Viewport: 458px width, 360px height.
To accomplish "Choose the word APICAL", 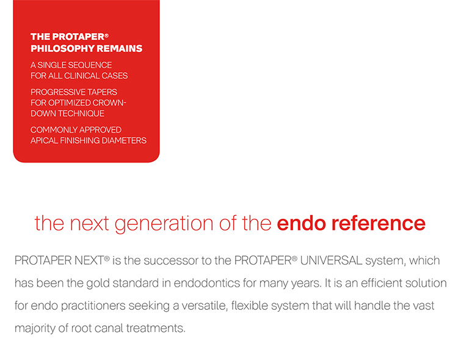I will click(46, 140).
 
